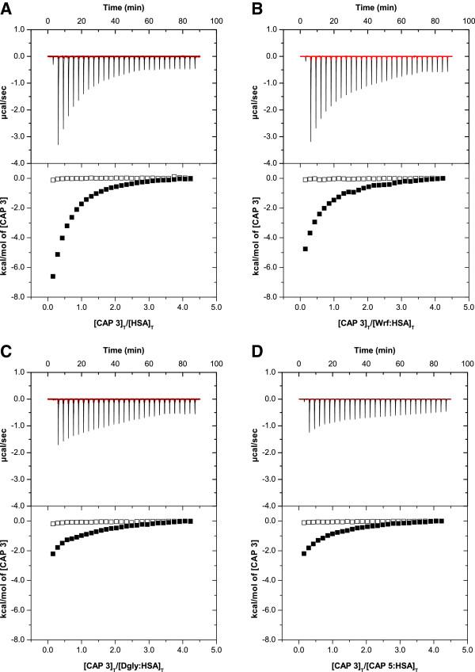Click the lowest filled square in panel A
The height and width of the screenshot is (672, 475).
[53, 276]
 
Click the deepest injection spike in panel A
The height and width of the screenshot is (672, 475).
[58, 143]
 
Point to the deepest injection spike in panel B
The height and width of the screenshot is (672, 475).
[310, 139]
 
